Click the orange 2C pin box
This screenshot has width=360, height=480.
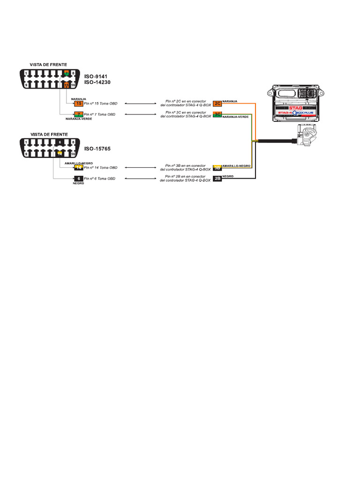pyautogui.click(x=217, y=104)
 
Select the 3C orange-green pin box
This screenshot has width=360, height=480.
pyautogui.click(x=217, y=114)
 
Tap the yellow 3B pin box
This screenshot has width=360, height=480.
pyautogui.click(x=217, y=167)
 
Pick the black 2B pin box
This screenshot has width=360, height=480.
pyautogui.click(x=217, y=179)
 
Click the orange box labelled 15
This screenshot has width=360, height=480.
pyautogui.click(x=78, y=104)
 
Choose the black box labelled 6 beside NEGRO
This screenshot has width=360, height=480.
pyautogui.click(x=78, y=179)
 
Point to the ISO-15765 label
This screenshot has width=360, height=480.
pyautogui.click(x=98, y=149)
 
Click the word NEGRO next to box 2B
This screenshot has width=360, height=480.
pyautogui.click(x=228, y=176)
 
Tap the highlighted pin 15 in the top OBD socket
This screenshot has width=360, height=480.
pyautogui.click(x=67, y=85)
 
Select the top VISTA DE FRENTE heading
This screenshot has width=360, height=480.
pyautogui.click(x=48, y=64)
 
